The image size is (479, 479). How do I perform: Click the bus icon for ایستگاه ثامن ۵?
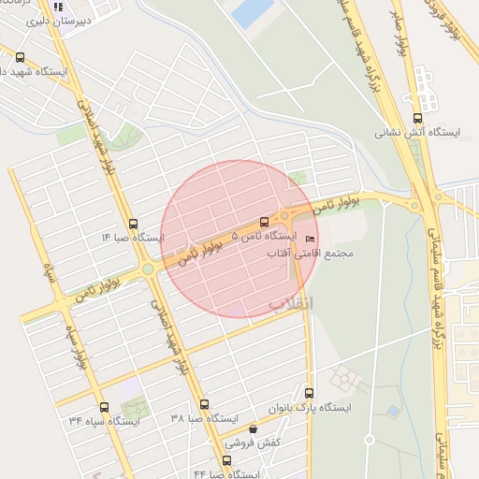coord(264,223)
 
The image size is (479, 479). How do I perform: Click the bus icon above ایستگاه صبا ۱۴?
coord(133,224)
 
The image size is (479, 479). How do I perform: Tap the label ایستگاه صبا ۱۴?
coord(133,238)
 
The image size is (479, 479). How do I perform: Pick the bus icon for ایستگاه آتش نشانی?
coord(417,118)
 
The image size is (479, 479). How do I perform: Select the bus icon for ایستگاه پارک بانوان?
coord(310,392)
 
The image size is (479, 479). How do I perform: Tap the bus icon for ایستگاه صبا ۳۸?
coord(204,404)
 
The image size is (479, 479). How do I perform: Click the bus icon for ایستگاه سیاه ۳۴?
coord(103,407)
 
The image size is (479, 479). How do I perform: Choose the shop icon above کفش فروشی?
coord(252,428)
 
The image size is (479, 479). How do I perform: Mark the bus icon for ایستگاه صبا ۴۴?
coord(226,460)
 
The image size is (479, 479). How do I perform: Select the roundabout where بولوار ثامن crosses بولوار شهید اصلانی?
coord(149,270)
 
